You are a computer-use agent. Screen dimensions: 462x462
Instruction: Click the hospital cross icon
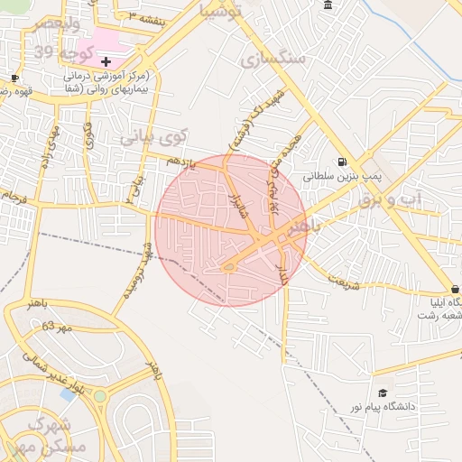(x=106, y=61)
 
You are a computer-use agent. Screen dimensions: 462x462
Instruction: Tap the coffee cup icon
(x=14, y=79)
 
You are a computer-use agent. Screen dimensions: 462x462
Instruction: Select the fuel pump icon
(x=341, y=162)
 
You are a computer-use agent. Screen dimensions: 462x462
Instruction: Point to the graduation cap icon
(x=383, y=393)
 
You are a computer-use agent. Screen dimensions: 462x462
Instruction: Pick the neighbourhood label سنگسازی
(x=274, y=60)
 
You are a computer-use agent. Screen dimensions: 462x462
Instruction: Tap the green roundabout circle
(x=99, y=396)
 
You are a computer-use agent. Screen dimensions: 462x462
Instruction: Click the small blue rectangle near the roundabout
(x=67, y=393)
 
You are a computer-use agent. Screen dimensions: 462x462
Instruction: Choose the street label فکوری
(x=88, y=135)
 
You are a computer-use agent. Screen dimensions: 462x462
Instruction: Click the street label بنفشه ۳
(x=144, y=17)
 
